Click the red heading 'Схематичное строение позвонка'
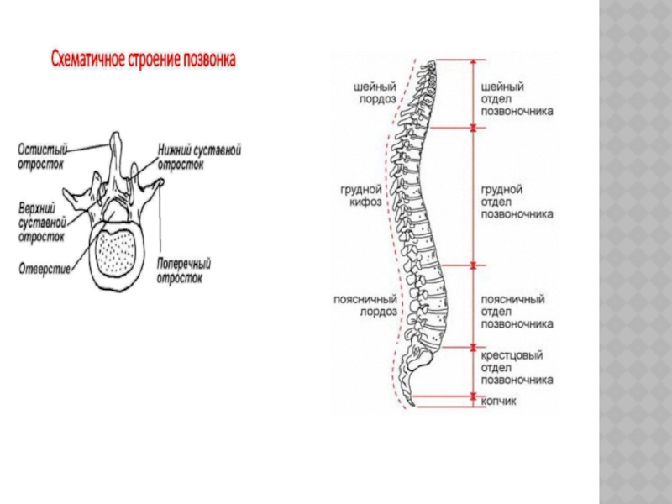[144, 60]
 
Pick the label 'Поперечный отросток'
[184, 270]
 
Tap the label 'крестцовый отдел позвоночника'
[516, 368]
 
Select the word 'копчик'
[498, 401]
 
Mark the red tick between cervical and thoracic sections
[473, 128]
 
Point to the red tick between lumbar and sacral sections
[473, 346]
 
